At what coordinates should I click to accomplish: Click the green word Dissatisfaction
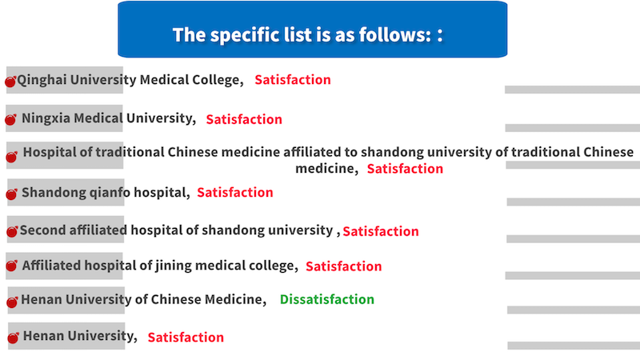327,299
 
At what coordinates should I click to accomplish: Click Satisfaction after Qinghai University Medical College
293,79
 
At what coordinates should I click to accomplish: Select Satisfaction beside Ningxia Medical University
244,119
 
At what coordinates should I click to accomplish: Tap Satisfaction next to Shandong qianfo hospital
235,192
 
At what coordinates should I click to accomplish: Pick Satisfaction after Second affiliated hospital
381,231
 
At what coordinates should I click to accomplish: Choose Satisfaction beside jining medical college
344,266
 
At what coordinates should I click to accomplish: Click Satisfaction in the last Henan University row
186,337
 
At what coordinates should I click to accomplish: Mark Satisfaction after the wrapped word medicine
405,169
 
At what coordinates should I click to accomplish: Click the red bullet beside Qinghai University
10,82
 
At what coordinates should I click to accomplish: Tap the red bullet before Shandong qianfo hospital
11,194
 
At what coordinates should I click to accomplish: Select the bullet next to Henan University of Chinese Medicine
12,302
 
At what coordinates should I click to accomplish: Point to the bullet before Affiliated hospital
11,266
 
